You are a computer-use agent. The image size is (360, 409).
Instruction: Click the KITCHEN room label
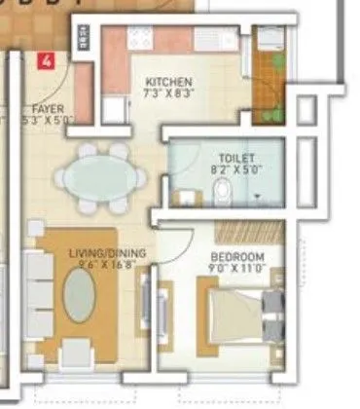[168, 82]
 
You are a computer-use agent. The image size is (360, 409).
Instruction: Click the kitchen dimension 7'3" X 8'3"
[168, 93]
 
